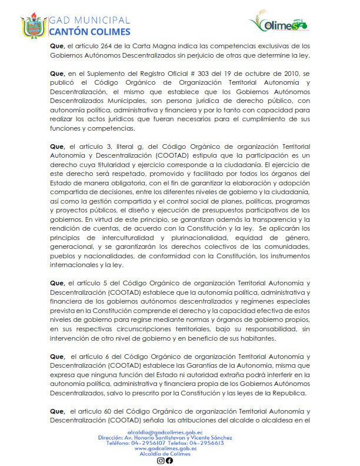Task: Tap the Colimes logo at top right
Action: tap(280, 24)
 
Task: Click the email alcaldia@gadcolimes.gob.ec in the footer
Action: tap(166, 432)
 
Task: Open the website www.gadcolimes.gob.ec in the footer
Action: tap(165, 448)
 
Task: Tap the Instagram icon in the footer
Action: tap(161, 460)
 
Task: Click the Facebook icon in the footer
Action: tap(169, 460)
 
